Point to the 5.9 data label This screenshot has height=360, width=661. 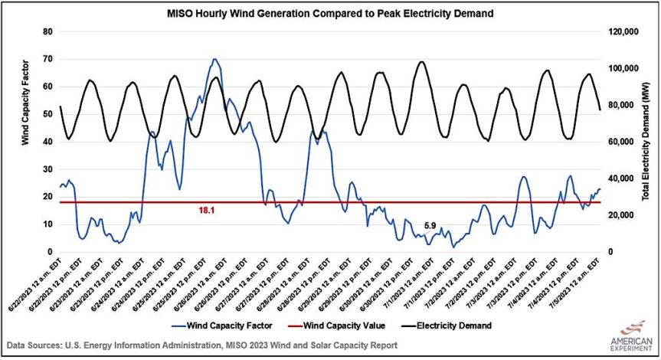tap(430, 226)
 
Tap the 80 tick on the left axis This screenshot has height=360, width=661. tap(47, 31)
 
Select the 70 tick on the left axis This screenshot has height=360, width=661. tap(47, 59)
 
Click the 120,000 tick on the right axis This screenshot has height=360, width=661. tap(622, 31)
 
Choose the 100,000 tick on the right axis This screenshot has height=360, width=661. tap(622, 68)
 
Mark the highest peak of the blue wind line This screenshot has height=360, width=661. tap(214, 59)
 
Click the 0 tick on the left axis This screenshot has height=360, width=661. tap(50, 252)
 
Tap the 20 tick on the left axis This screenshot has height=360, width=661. tap(47, 197)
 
